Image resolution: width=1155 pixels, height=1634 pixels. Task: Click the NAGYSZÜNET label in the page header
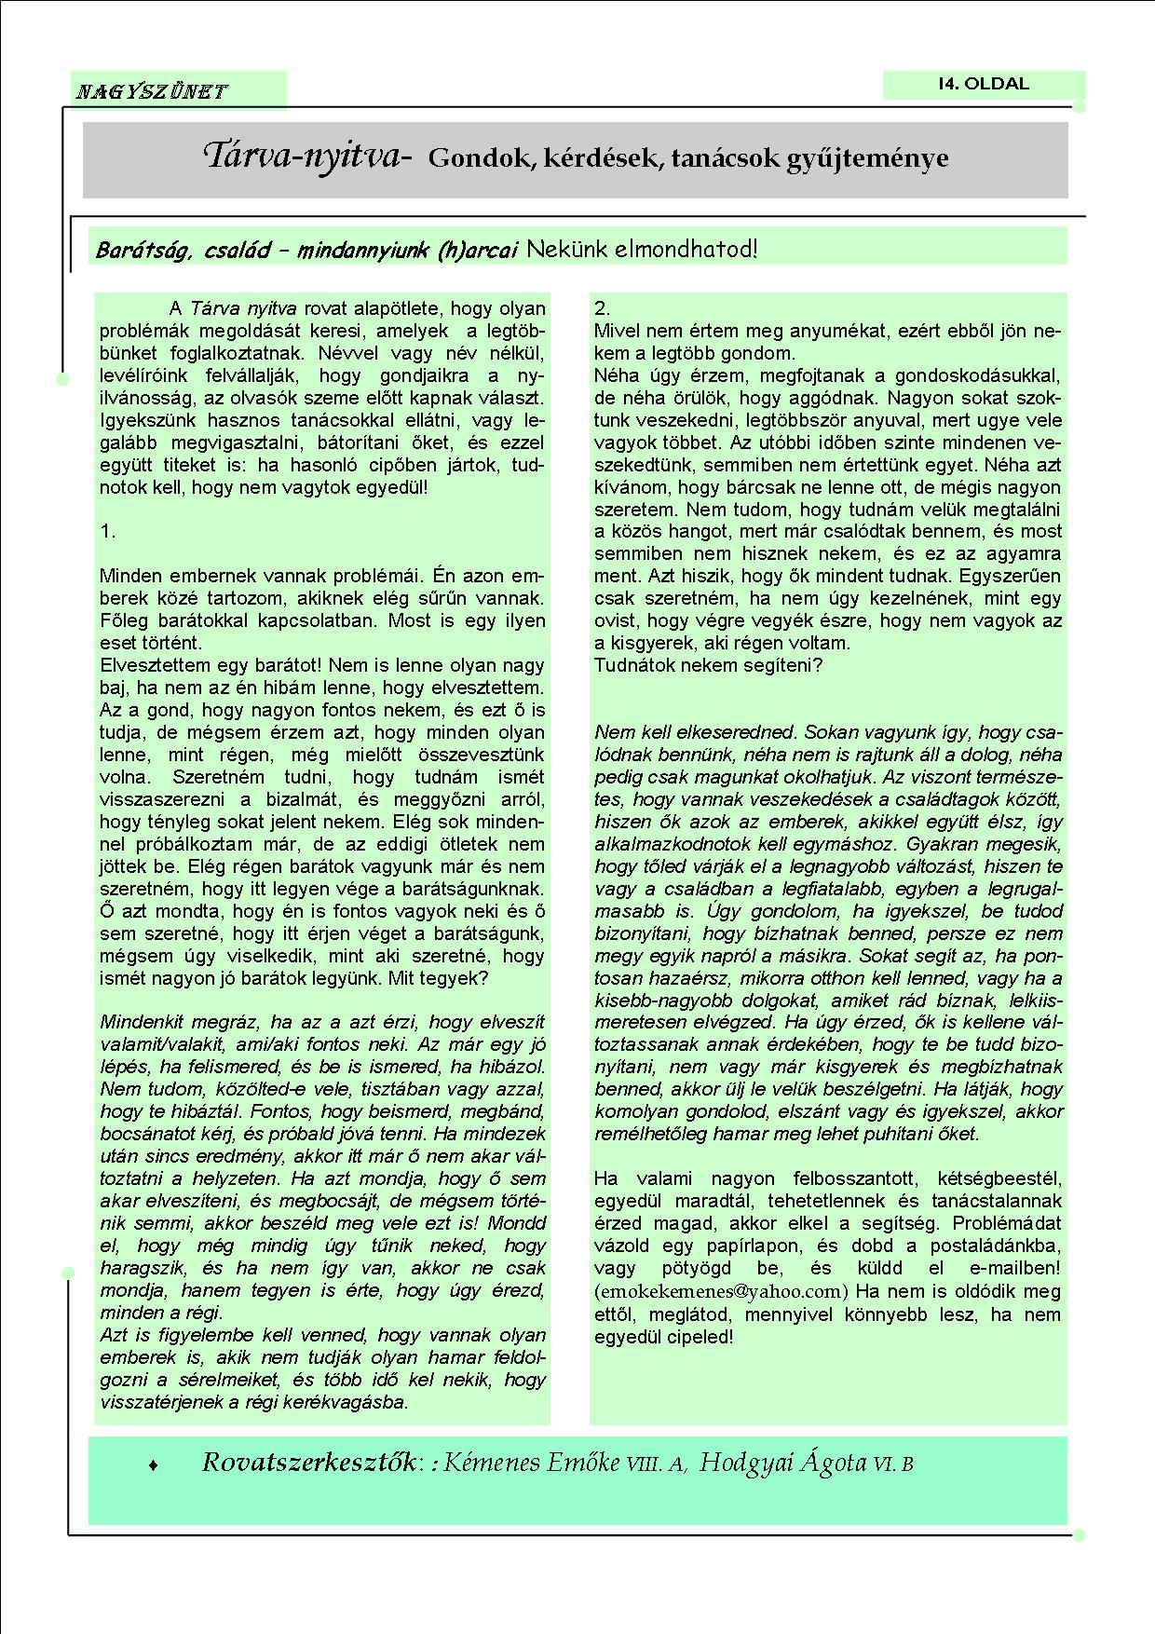point(152,91)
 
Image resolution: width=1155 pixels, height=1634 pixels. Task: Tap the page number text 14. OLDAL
point(984,84)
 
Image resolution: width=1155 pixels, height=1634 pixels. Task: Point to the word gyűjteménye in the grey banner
point(881,158)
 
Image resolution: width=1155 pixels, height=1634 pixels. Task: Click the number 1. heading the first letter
point(108,531)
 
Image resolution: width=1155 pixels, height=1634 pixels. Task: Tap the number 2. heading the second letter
point(603,308)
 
